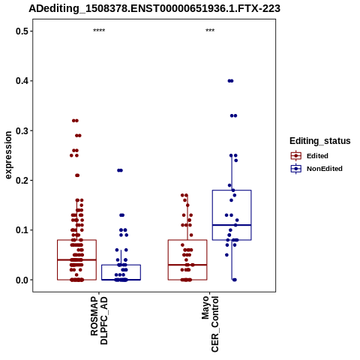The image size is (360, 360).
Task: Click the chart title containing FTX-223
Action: coord(154,9)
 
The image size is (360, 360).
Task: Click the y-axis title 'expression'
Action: coord(8,155)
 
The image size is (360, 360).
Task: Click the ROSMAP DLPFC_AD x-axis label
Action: coord(99,320)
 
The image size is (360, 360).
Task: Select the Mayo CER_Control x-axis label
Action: coord(210,324)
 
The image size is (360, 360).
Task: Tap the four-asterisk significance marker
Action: coord(99,31)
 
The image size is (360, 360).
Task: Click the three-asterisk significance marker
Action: coord(210,31)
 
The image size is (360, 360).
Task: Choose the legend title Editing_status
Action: coord(320,141)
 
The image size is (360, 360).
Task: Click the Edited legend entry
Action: coord(310,156)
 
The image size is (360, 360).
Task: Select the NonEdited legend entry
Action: coord(316,169)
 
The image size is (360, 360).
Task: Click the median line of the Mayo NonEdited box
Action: coord(232,225)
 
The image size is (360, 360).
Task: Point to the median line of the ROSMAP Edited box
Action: coord(76,259)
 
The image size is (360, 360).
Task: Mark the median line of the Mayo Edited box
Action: coord(187,265)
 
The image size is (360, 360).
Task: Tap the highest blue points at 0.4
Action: coord(230,81)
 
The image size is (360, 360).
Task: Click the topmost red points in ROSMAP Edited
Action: coord(75,121)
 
